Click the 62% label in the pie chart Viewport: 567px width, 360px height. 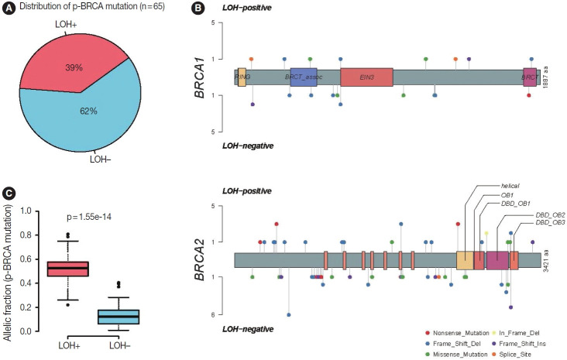click(88, 111)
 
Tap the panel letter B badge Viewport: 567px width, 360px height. click(198, 9)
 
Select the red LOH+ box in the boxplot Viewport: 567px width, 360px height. click(68, 269)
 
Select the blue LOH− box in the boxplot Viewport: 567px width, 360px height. click(118, 317)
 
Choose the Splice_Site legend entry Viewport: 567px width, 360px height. click(522, 354)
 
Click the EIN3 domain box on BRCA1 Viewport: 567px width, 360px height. click(366, 77)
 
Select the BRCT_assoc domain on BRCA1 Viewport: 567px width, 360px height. click(307, 77)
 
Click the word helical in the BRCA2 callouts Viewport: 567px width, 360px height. click(510, 185)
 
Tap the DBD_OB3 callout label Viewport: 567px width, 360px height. click(550, 223)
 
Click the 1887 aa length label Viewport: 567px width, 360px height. click(546, 77)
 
